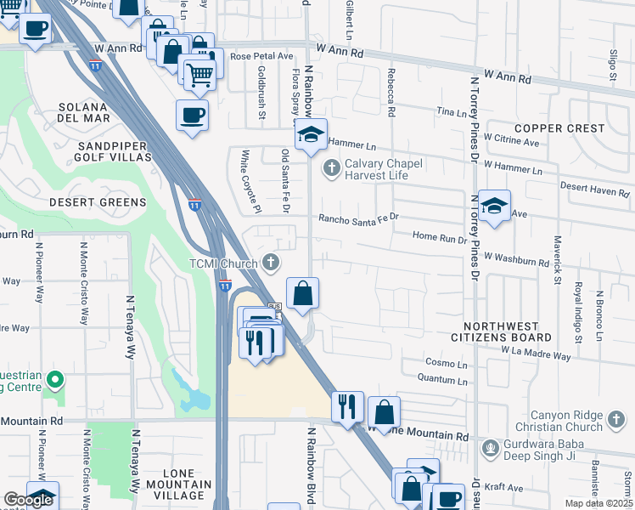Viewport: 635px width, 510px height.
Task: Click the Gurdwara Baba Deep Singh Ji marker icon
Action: coord(490,447)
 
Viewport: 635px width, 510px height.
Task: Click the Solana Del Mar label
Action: coord(83,113)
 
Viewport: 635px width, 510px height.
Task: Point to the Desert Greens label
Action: coord(98,202)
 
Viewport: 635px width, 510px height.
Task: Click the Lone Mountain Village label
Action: coord(174,489)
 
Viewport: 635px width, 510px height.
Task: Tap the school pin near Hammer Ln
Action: coord(311,134)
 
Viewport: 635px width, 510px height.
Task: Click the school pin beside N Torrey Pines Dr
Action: coord(493,206)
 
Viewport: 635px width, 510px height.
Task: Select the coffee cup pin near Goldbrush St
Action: coord(192,115)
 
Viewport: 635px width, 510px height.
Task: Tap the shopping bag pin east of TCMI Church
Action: coord(302,294)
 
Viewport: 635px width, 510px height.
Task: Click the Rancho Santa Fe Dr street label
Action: coord(358,218)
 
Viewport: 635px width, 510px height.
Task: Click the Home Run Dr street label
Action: coord(440,238)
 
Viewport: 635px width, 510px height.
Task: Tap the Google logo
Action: coord(28,500)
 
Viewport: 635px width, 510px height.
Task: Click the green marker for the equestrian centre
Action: coord(55,378)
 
